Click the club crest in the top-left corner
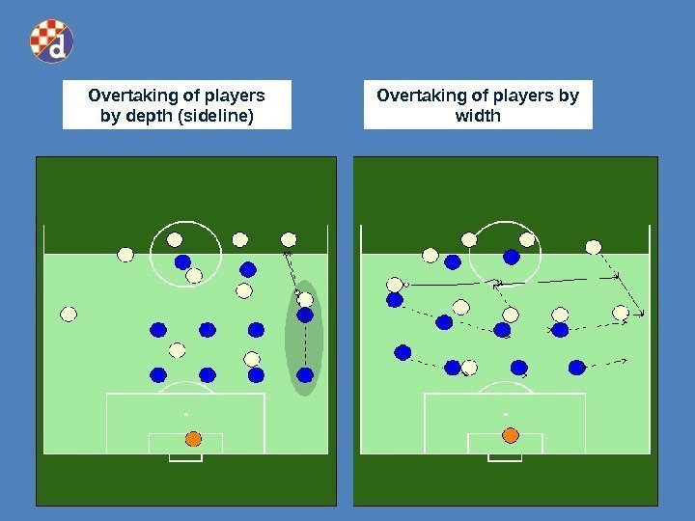(x=51, y=41)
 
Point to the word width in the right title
(x=477, y=117)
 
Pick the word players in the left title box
(x=232, y=96)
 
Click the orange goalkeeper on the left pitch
(x=192, y=438)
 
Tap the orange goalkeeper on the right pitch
(x=511, y=435)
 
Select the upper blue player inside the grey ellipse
(x=305, y=315)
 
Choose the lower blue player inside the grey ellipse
(x=305, y=374)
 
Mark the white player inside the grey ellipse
(x=305, y=299)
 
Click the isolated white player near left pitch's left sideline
(x=69, y=314)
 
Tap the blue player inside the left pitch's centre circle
(x=182, y=261)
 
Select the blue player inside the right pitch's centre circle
(x=512, y=257)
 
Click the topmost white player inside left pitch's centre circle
(x=175, y=239)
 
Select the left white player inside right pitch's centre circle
(x=469, y=239)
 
